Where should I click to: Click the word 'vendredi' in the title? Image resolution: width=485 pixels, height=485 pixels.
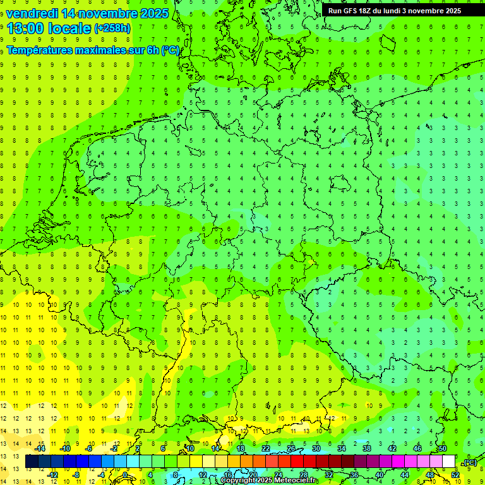[32, 13]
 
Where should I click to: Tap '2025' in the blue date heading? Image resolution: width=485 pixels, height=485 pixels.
[153, 13]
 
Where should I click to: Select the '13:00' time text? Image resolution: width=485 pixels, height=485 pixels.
[25, 28]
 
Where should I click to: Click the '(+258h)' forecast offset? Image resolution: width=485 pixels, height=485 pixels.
[112, 28]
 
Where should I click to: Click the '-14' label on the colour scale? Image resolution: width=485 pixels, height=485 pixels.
[40, 448]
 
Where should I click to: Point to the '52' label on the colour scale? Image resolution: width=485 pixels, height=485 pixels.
[455, 475]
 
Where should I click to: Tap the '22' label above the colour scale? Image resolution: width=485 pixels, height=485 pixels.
[266, 448]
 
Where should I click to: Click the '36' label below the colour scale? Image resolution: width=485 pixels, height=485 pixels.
[354, 475]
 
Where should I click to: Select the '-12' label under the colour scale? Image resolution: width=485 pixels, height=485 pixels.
[52, 475]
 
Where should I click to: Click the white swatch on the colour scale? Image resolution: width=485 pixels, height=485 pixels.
[448, 462]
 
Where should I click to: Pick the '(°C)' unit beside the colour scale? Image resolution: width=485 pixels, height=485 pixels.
[469, 462]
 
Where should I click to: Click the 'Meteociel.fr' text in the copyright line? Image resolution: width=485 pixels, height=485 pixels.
[296, 481]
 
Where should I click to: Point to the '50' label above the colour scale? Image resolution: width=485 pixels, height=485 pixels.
[443, 448]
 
